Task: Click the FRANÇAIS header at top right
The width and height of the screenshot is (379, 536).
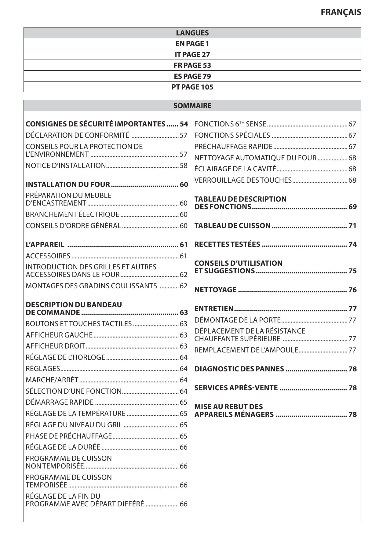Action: [x=341, y=12]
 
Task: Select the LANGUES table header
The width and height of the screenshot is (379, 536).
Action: [x=192, y=33]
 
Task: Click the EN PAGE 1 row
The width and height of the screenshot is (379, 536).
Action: [x=192, y=44]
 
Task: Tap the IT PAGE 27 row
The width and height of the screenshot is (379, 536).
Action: [x=192, y=55]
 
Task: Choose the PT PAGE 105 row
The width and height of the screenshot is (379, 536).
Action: [x=192, y=87]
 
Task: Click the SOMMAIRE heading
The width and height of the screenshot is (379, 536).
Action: [x=192, y=106]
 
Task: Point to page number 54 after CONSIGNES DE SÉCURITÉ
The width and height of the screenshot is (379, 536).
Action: [x=184, y=124]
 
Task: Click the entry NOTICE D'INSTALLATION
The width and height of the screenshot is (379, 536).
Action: [x=66, y=166]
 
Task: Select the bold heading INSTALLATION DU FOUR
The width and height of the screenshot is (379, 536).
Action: [x=68, y=184]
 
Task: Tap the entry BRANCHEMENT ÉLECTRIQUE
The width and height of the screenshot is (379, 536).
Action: [x=72, y=214]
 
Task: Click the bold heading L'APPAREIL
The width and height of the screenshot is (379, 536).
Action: [x=45, y=245]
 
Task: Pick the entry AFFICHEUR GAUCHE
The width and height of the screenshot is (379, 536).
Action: [x=59, y=335]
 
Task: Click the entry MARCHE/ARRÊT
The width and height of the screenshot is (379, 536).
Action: [x=52, y=380]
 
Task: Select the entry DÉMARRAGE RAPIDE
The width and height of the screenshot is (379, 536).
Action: [x=60, y=402]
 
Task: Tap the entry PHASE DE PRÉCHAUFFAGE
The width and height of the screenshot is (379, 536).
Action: [x=69, y=436]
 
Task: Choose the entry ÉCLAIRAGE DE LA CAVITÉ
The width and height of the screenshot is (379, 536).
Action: [x=235, y=169]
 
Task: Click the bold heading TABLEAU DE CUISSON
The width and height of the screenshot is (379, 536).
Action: [x=232, y=226]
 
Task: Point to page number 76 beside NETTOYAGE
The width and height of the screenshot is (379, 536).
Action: [x=352, y=290]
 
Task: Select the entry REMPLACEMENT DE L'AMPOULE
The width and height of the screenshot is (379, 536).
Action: [x=246, y=350]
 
